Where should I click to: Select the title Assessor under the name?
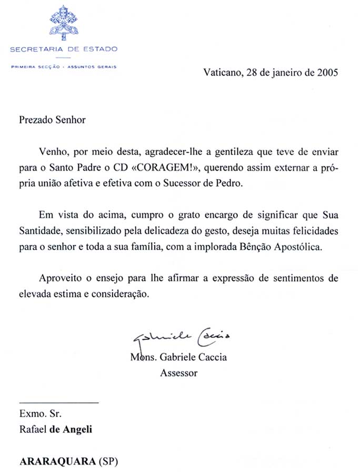tap(178, 373)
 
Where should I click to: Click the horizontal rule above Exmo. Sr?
tap(58, 403)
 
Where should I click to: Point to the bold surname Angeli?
tap(77, 429)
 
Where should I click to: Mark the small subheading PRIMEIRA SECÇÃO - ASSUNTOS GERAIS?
tap(63, 67)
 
